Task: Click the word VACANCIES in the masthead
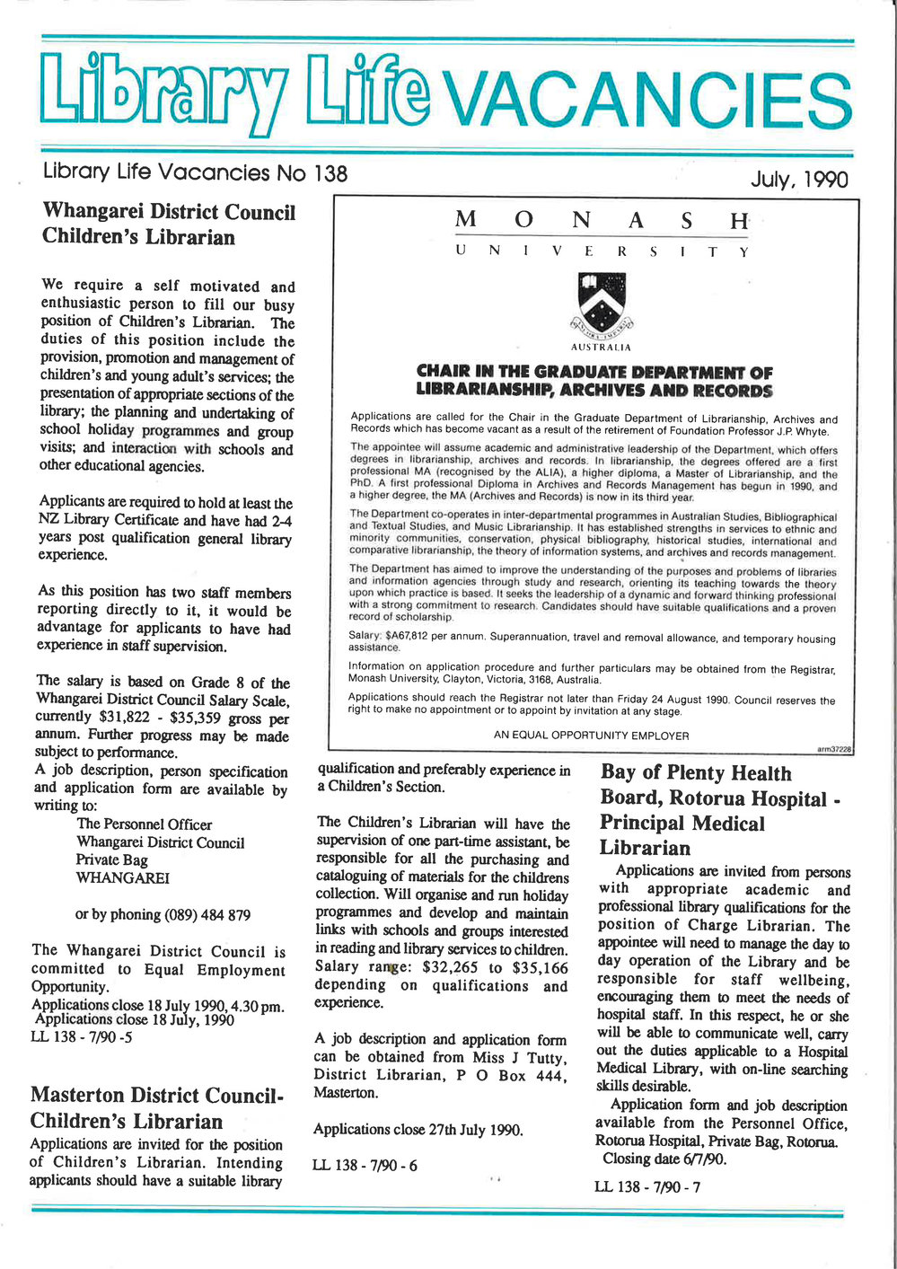646,101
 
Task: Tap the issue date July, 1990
798,180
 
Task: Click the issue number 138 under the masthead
330,172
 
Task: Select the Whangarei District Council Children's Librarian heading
169,225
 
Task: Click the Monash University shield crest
602,303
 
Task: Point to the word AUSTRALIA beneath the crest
601,347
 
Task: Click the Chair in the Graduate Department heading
594,381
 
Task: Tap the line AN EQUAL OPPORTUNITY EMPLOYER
591,735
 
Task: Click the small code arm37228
834,747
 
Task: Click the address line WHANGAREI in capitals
123,878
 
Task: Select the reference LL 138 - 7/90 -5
82,1037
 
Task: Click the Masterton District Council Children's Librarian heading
156,1108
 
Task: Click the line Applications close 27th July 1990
418,1129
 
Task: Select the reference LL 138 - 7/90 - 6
365,1166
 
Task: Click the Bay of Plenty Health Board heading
720,810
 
